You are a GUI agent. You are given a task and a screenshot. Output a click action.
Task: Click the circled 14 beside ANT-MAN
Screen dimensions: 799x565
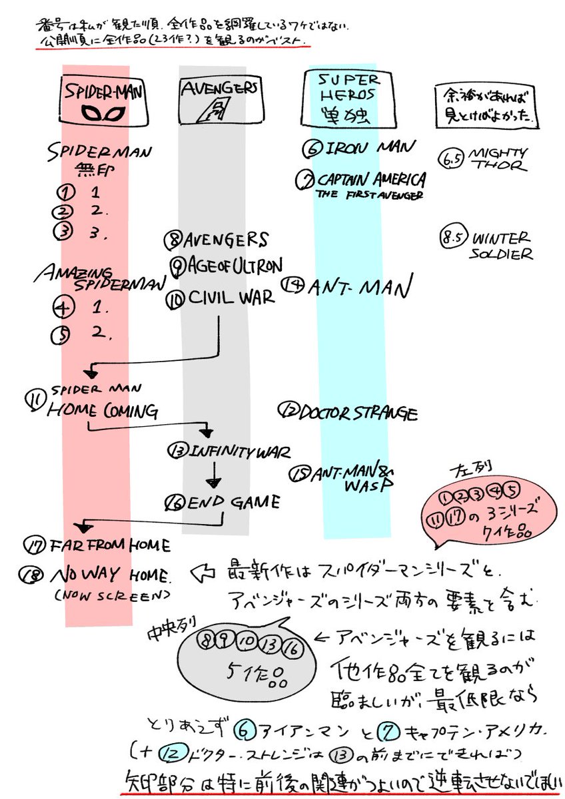click(291, 285)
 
